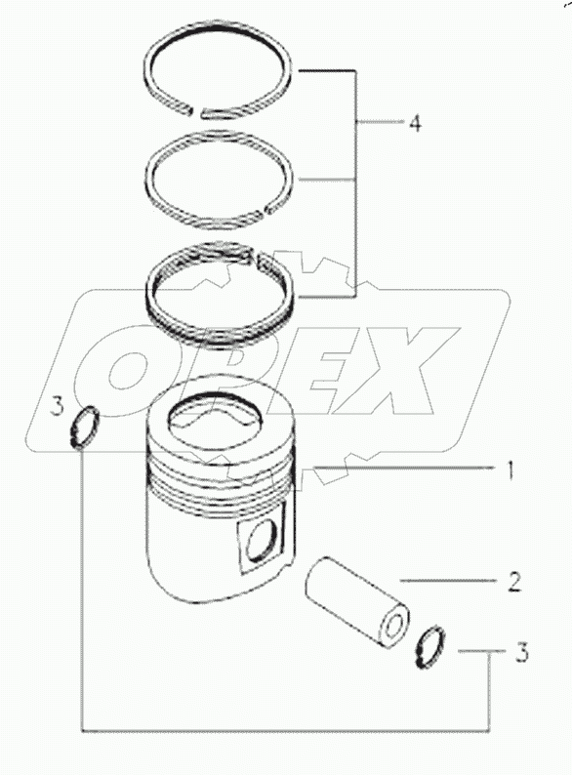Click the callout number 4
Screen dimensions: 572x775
click(416, 123)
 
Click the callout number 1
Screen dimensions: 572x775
click(511, 470)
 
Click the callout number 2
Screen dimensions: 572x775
click(514, 582)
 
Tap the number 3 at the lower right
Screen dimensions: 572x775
click(522, 652)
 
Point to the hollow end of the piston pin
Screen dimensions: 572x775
click(394, 627)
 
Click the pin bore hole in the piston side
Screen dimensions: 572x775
click(262, 541)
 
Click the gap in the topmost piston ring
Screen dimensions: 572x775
click(196, 111)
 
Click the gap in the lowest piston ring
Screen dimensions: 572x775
click(256, 257)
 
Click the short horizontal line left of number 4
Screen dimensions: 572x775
click(379, 122)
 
